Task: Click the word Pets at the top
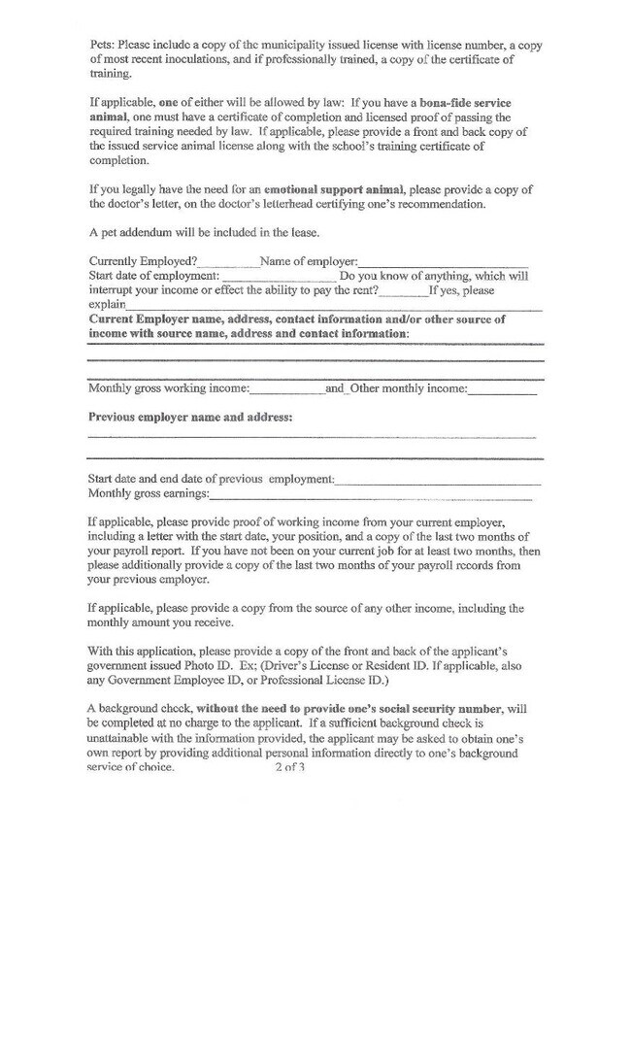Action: pos(101,46)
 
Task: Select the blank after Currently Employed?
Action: pos(228,262)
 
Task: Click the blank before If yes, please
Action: pos(403,290)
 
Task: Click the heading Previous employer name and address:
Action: pos(190,418)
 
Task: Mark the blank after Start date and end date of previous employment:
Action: pos(438,480)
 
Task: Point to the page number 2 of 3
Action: pos(289,767)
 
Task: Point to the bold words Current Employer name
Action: pos(155,319)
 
